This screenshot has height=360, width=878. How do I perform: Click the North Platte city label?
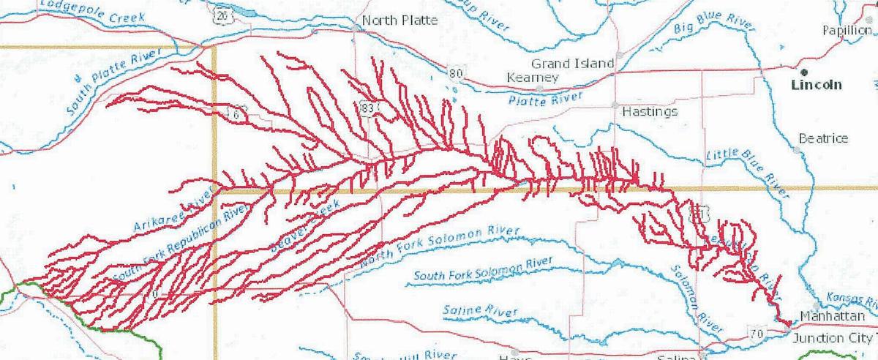(x=400, y=20)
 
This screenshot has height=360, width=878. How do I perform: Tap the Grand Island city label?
(x=573, y=64)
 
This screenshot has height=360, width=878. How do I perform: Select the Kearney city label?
(x=533, y=78)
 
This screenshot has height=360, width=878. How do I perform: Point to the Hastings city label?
(x=649, y=112)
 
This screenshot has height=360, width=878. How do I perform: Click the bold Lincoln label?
(x=817, y=85)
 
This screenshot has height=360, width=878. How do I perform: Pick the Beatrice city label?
(x=823, y=138)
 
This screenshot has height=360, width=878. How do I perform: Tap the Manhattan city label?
(x=833, y=315)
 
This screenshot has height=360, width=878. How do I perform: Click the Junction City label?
(x=834, y=339)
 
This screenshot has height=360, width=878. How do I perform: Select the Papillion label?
(x=847, y=30)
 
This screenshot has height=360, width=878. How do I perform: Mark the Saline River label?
(x=480, y=311)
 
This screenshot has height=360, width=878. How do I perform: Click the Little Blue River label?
(x=747, y=170)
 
